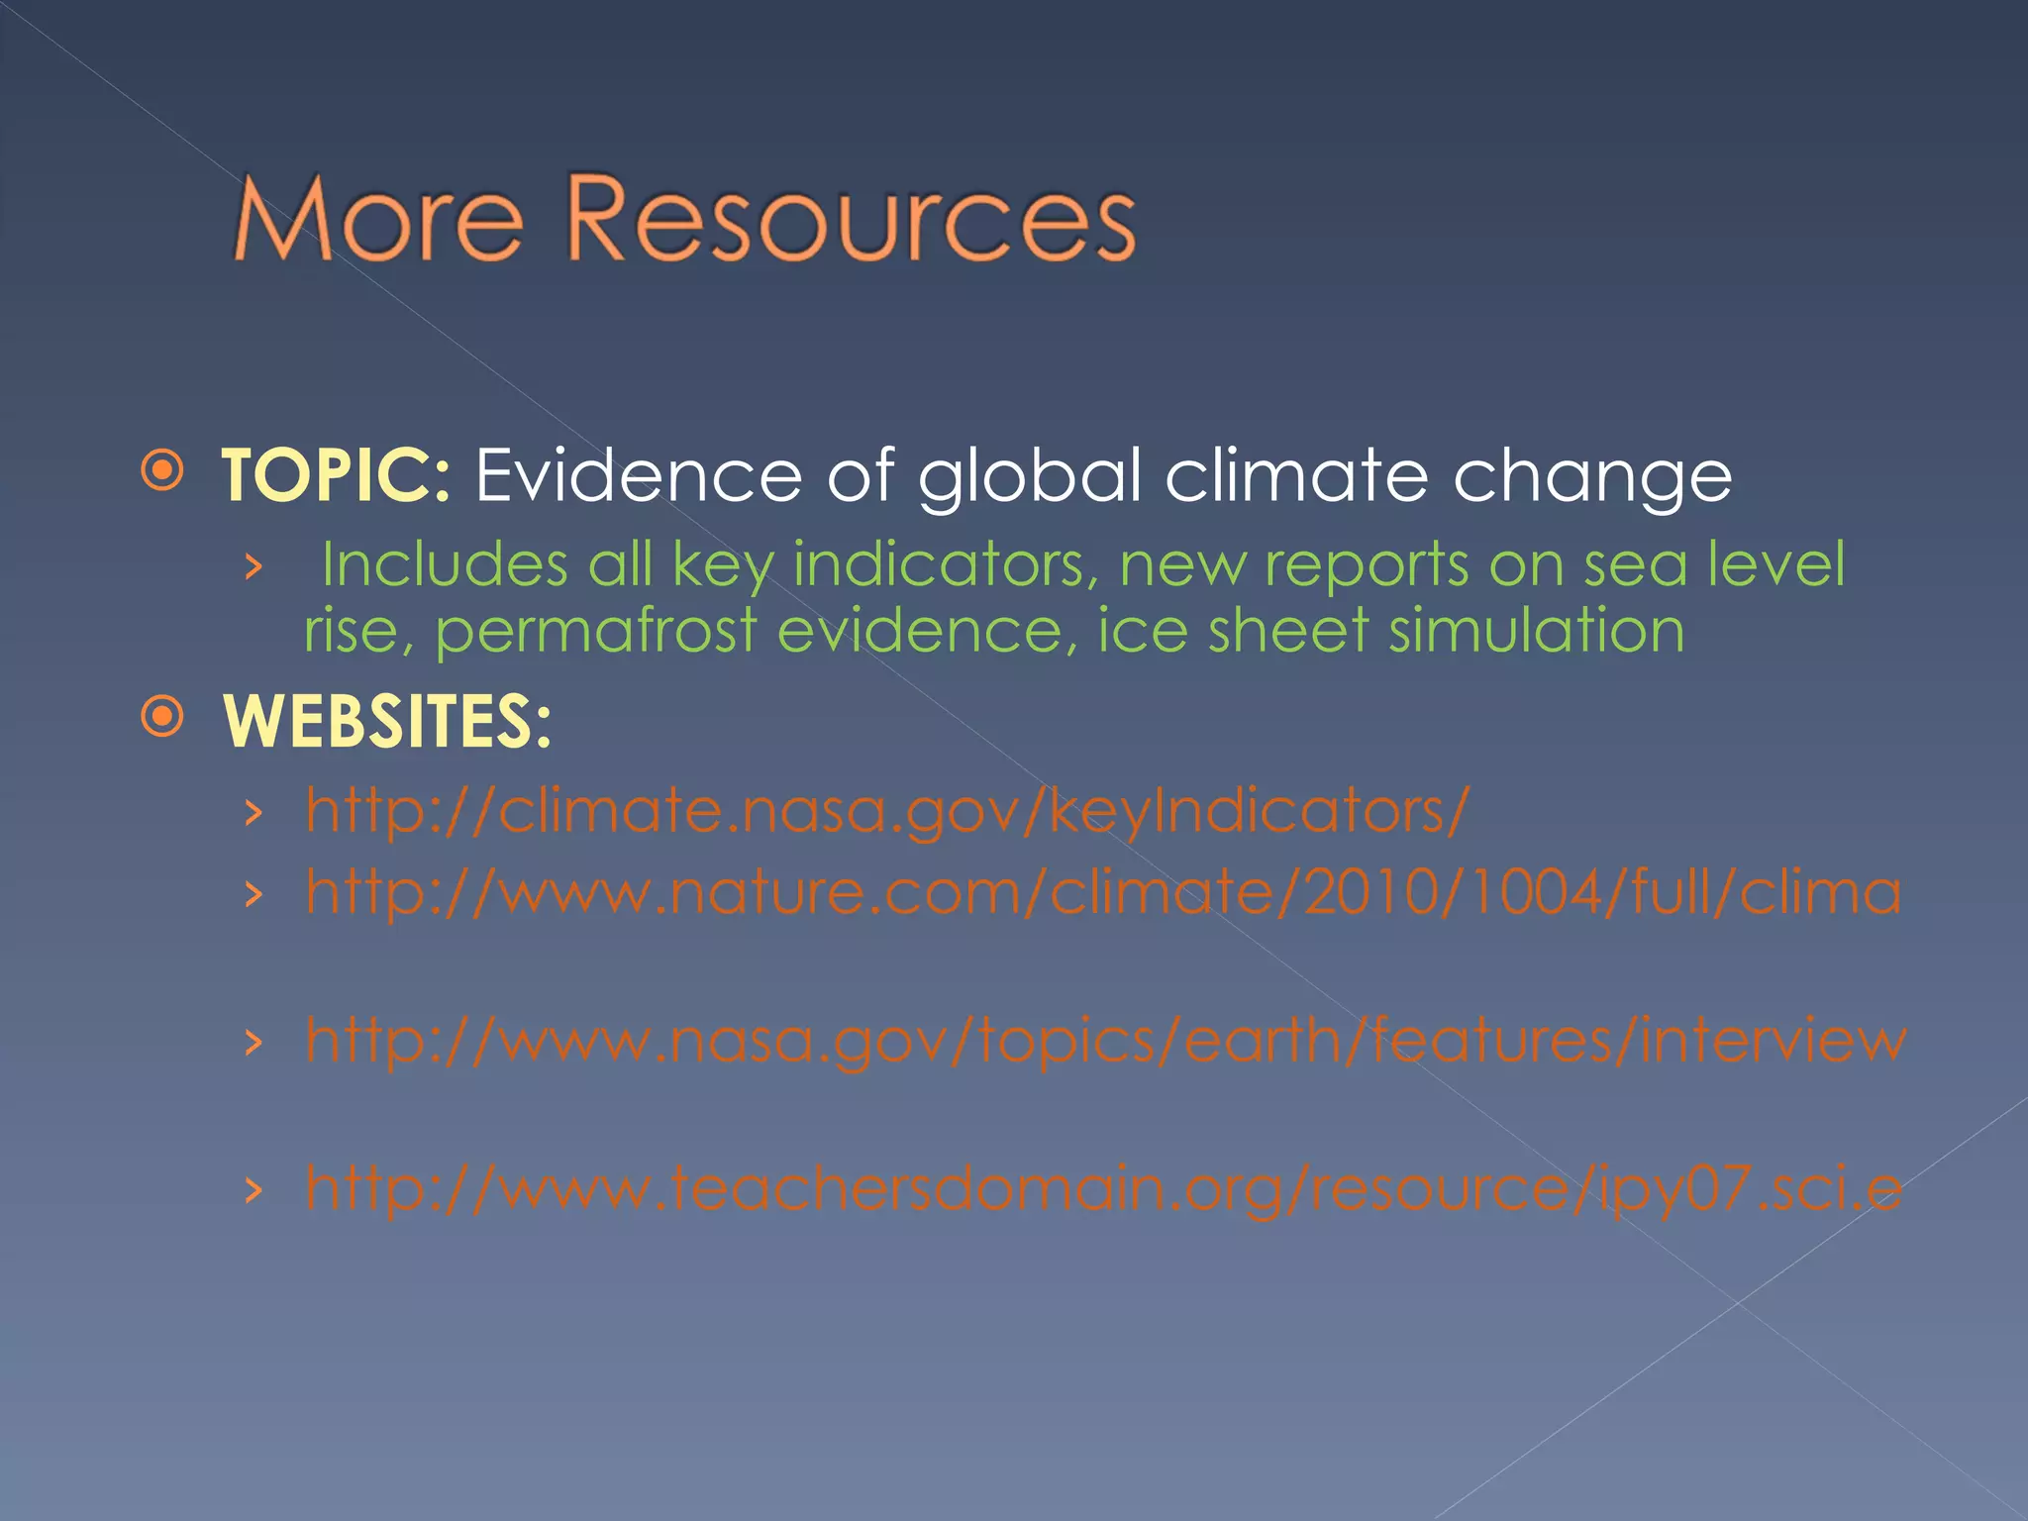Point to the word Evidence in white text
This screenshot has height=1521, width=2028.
638,475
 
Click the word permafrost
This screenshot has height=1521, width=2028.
595,631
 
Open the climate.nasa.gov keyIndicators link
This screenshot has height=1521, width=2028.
887,811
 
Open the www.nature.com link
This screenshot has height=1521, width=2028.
1103,892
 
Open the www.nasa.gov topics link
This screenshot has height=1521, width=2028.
1105,1041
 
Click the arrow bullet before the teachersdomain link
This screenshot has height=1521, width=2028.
254,1190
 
